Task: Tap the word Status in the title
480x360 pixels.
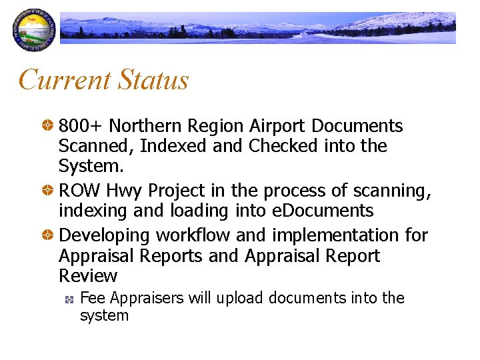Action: click(153, 80)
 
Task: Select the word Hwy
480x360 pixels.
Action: click(124, 191)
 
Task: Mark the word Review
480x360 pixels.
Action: click(88, 276)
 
